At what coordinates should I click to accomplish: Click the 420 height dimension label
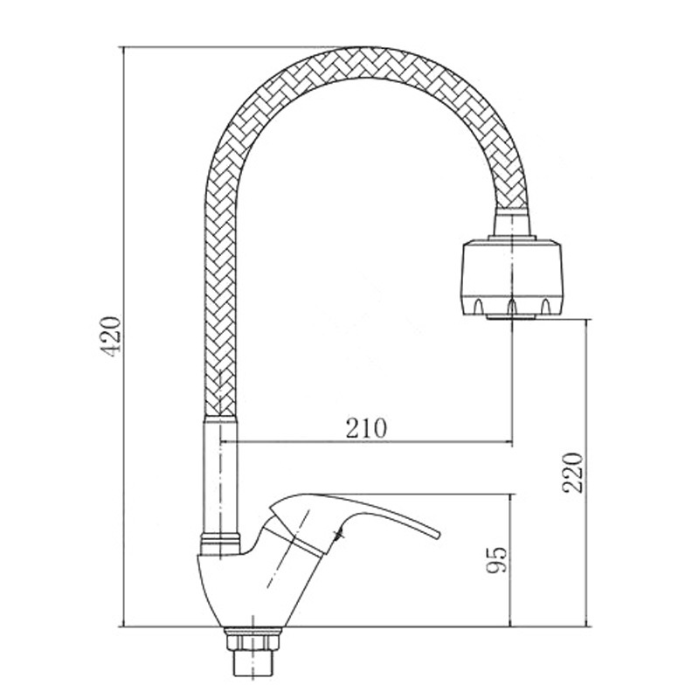coord(110,336)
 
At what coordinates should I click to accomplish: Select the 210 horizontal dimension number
coord(366,428)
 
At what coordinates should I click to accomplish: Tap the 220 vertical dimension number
coord(572,472)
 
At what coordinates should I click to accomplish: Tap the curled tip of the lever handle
coord(437,534)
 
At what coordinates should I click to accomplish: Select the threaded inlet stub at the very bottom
coord(253,667)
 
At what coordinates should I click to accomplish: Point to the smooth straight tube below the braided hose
coord(221,474)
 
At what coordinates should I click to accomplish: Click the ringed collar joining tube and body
coord(221,543)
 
